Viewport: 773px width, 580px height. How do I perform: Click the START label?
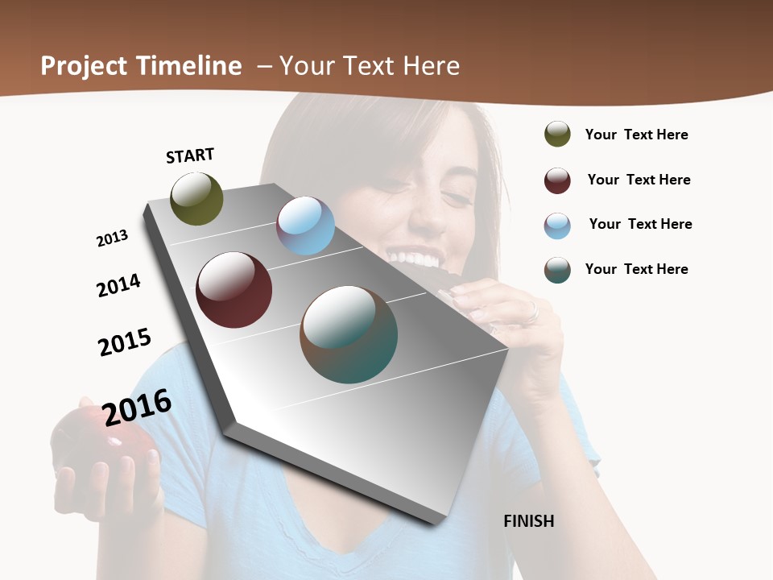click(x=190, y=155)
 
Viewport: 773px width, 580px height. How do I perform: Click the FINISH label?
click(x=528, y=521)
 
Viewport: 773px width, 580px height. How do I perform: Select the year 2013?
click(x=112, y=238)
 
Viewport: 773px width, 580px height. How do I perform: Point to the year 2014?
click(x=118, y=285)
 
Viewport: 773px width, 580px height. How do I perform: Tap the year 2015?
click(x=125, y=342)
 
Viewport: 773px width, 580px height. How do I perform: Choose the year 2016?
click(x=137, y=407)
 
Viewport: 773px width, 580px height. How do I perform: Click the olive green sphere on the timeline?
click(x=196, y=198)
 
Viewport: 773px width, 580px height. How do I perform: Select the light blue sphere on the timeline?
click(x=305, y=226)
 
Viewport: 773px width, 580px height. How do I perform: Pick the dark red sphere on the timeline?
click(x=234, y=289)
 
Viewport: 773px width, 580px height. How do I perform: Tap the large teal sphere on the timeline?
click(x=349, y=334)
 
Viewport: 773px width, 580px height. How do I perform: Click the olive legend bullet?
click(x=557, y=134)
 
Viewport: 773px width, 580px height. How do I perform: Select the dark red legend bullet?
click(x=557, y=180)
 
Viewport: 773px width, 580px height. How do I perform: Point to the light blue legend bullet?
click(x=557, y=226)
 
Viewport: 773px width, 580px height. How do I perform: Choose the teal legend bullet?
click(x=557, y=270)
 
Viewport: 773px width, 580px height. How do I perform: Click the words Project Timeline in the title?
click(x=141, y=66)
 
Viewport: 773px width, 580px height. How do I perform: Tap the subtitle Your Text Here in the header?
click(x=369, y=66)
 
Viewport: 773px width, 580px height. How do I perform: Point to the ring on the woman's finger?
click(x=531, y=312)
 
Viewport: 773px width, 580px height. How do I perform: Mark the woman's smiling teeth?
click(x=415, y=259)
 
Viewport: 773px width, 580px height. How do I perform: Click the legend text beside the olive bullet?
click(x=636, y=135)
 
